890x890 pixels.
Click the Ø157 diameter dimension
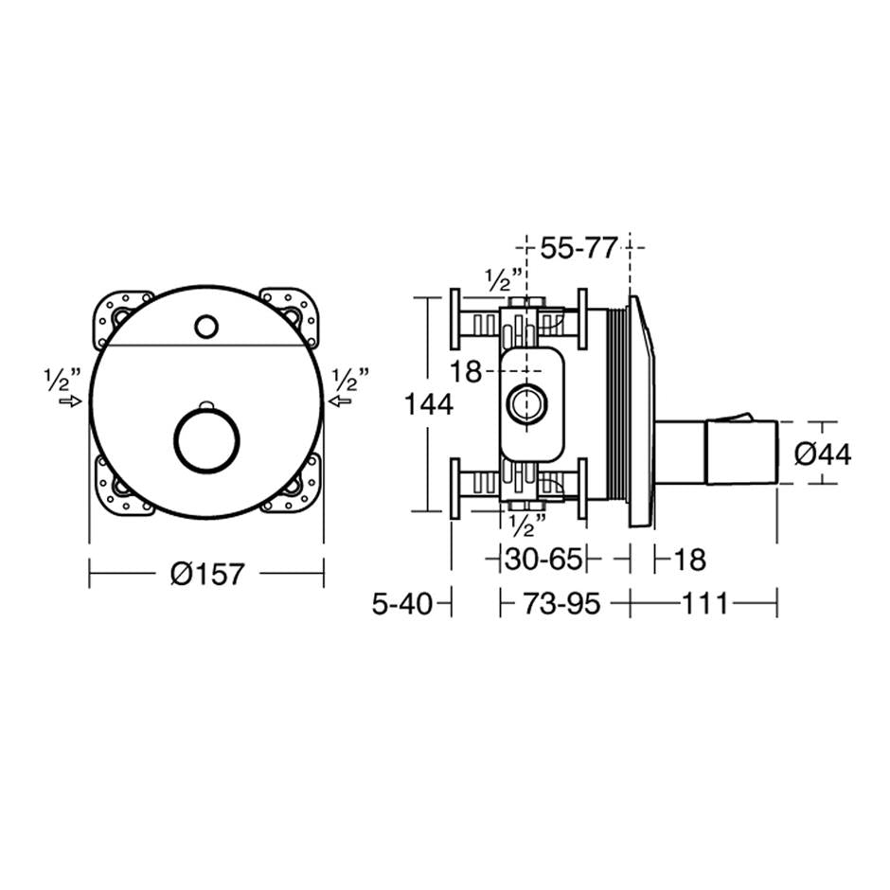point(207,573)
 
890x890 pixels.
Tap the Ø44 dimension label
point(822,454)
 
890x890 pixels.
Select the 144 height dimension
point(428,404)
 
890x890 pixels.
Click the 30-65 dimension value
point(542,559)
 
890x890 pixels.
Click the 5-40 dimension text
point(401,603)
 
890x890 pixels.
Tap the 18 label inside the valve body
point(466,372)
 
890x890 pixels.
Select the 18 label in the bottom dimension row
point(690,559)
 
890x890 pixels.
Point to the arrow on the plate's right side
point(341,401)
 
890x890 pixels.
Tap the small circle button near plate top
point(205,328)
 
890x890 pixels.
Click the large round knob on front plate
point(208,437)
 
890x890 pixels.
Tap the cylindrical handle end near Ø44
point(741,452)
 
